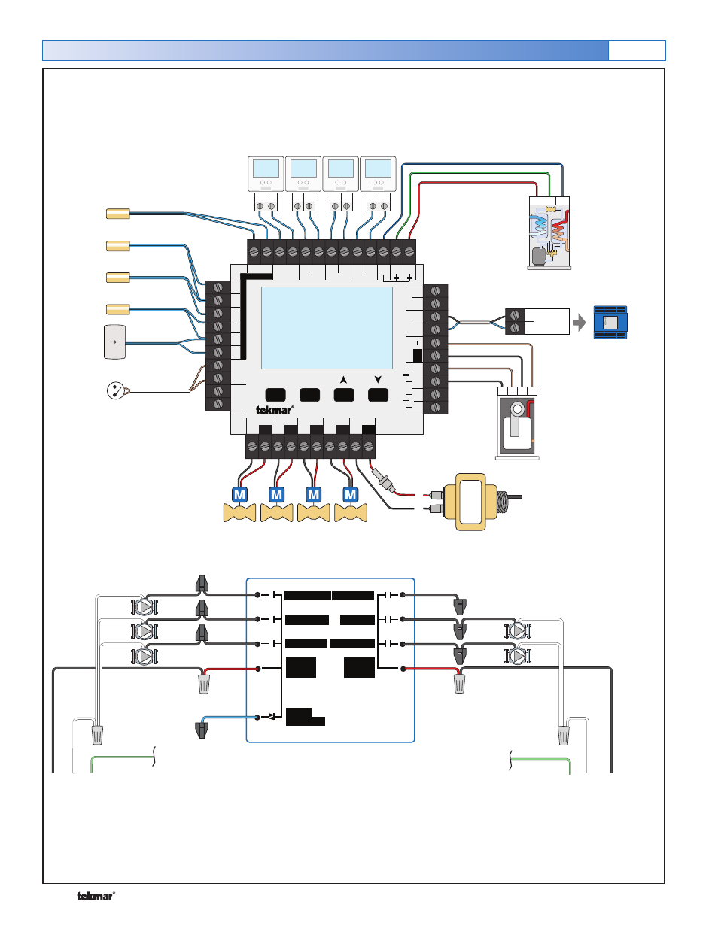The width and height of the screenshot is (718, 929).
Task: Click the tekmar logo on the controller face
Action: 274,410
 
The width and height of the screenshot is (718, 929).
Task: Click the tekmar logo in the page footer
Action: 96,896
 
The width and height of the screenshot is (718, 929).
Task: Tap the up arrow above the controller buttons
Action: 343,380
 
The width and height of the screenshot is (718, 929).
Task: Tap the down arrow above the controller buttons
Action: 378,380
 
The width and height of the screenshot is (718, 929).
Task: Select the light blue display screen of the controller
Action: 327,327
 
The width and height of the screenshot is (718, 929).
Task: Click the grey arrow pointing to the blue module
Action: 580,323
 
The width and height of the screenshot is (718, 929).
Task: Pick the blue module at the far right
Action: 610,322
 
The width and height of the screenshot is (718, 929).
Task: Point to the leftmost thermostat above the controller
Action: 266,174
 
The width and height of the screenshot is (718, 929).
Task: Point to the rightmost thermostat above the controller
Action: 378,174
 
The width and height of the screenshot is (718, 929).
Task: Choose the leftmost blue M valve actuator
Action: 239,494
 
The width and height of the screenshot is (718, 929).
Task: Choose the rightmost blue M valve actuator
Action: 351,494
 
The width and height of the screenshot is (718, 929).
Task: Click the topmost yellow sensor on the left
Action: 118,214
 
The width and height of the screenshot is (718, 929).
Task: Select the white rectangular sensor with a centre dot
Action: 114,342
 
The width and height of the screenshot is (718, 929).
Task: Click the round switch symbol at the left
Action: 115,390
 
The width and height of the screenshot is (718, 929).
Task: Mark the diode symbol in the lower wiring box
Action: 271,717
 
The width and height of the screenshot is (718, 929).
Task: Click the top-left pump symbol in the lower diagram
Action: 144,606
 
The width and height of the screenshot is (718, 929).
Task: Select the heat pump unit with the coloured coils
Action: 549,232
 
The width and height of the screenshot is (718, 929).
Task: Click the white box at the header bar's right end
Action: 637,50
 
